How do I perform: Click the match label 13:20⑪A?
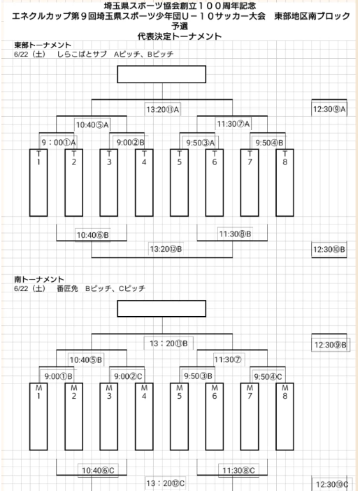(162, 110)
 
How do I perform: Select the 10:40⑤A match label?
(92, 125)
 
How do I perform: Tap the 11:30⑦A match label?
(233, 124)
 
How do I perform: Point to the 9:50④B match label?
(269, 143)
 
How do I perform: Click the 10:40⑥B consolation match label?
(93, 235)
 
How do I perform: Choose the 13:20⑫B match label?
(166, 249)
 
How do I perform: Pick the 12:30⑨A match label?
(329, 109)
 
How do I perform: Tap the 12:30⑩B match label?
(329, 250)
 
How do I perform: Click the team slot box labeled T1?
(38, 183)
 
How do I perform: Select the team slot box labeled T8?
(285, 183)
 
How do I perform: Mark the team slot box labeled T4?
(144, 183)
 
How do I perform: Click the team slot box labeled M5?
(180, 416)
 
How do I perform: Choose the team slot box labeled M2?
(74, 416)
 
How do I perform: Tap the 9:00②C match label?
(128, 376)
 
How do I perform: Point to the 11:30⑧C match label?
(238, 470)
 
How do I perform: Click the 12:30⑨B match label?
(331, 345)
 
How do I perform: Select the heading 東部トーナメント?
(43, 45)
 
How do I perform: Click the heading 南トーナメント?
(39, 279)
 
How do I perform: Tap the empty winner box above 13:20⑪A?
(161, 74)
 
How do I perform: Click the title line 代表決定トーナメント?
(180, 36)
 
